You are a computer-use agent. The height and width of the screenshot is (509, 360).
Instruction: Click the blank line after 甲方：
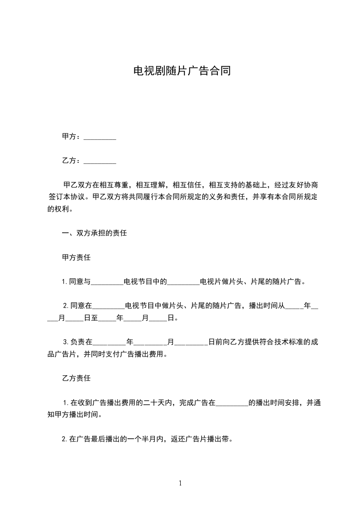coord(100,137)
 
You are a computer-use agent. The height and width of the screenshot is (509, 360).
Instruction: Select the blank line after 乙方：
coord(100,161)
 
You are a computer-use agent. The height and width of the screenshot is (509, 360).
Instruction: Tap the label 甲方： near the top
coord(72,136)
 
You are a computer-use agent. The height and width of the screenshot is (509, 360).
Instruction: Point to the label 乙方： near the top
coord(72,160)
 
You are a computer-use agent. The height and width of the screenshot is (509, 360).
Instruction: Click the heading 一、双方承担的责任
coord(94,233)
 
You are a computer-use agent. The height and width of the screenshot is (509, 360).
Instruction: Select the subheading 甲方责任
coord(76,257)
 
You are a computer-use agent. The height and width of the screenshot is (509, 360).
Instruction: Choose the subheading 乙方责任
coord(76,377)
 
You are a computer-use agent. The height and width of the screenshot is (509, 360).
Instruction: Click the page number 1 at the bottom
coord(180,483)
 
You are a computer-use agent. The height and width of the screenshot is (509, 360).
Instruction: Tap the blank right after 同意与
coord(108,282)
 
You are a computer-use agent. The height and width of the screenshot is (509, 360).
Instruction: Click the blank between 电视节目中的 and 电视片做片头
coord(184,282)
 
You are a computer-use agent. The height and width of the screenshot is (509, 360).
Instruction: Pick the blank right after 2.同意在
coord(108,306)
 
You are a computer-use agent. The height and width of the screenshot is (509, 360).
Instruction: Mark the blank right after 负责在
coord(109,342)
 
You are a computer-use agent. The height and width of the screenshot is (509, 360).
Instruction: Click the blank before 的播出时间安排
coord(232,402)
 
